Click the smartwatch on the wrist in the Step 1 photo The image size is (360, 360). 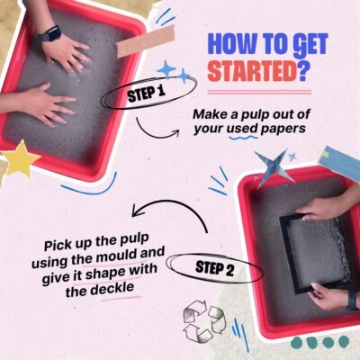pyautogui.click(x=50, y=33)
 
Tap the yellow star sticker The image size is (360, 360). pyautogui.click(x=21, y=157)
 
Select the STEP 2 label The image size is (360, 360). pyautogui.click(x=215, y=268)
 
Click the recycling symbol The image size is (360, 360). pyautogui.click(x=203, y=320)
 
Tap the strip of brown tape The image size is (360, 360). pyautogui.click(x=146, y=40)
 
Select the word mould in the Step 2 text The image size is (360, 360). pyautogui.click(x=118, y=256)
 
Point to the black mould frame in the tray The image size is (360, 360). pyautogui.click(x=286, y=254)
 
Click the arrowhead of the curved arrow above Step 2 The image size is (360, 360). pyautogui.click(x=138, y=211)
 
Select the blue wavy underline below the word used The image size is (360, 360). pyautogui.click(x=243, y=138)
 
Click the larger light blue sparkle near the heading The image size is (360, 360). pyautogui.click(x=166, y=69)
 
